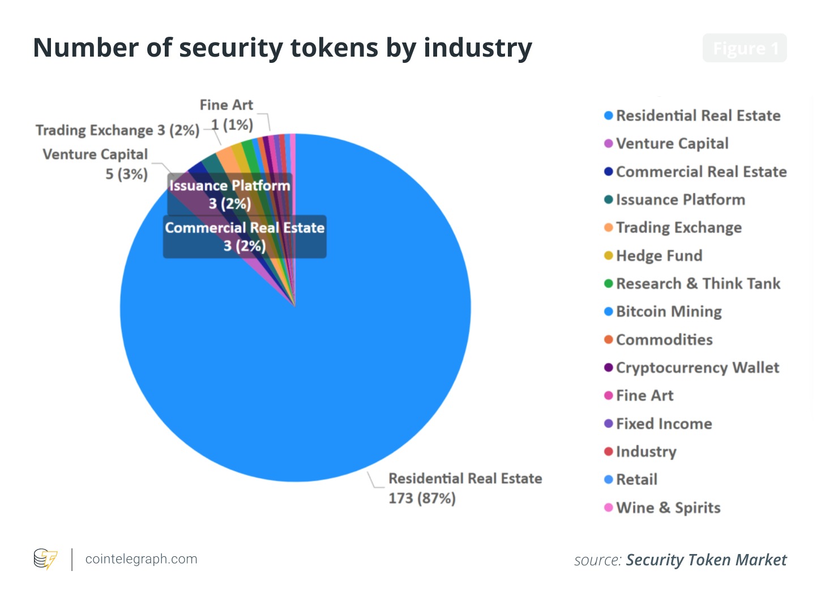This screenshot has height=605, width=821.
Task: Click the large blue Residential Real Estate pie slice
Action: (317, 363)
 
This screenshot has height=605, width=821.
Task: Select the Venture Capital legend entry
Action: (672, 144)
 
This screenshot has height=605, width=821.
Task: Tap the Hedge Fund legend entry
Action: (658, 256)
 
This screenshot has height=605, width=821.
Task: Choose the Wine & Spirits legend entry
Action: (668, 508)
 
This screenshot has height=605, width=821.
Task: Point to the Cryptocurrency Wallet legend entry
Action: (697, 368)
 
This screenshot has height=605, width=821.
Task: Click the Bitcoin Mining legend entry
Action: (668, 312)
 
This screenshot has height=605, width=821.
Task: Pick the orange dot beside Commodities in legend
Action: (609, 340)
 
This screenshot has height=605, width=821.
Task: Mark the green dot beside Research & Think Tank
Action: (609, 284)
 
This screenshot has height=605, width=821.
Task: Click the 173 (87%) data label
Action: (422, 499)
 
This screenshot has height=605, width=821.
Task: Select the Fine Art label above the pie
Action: (226, 105)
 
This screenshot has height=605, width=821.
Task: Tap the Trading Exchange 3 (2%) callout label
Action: (117, 130)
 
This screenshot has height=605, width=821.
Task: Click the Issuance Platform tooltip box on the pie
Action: (229, 194)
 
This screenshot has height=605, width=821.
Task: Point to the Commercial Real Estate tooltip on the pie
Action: (245, 237)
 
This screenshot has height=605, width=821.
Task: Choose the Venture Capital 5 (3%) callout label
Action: (96, 164)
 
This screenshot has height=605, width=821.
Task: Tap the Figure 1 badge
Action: (745, 48)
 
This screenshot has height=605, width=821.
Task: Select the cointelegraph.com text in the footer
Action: (141, 559)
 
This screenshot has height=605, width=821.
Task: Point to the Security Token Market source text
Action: (705, 560)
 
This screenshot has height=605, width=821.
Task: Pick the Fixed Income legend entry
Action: (664, 424)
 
